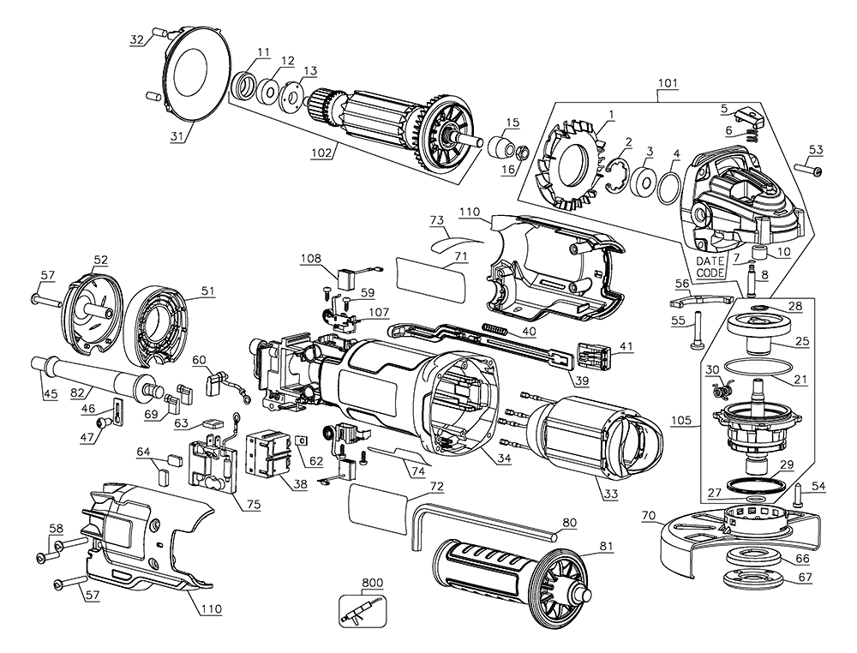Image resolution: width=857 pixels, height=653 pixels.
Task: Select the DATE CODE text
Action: click(710, 266)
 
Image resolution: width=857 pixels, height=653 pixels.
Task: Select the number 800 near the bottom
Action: click(371, 583)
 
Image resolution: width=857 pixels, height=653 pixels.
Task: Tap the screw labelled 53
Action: click(810, 171)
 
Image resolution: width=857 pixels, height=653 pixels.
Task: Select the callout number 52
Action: click(100, 259)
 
